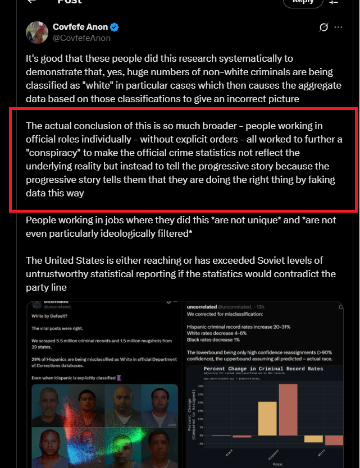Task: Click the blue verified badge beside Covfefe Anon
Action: click(114, 27)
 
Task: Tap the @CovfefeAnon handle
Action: click(81, 38)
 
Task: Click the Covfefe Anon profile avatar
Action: click(37, 33)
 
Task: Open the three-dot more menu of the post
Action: click(338, 27)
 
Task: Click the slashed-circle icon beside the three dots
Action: click(323, 27)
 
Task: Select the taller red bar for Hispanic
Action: click(288, 410)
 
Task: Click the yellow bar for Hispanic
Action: click(267, 418)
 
